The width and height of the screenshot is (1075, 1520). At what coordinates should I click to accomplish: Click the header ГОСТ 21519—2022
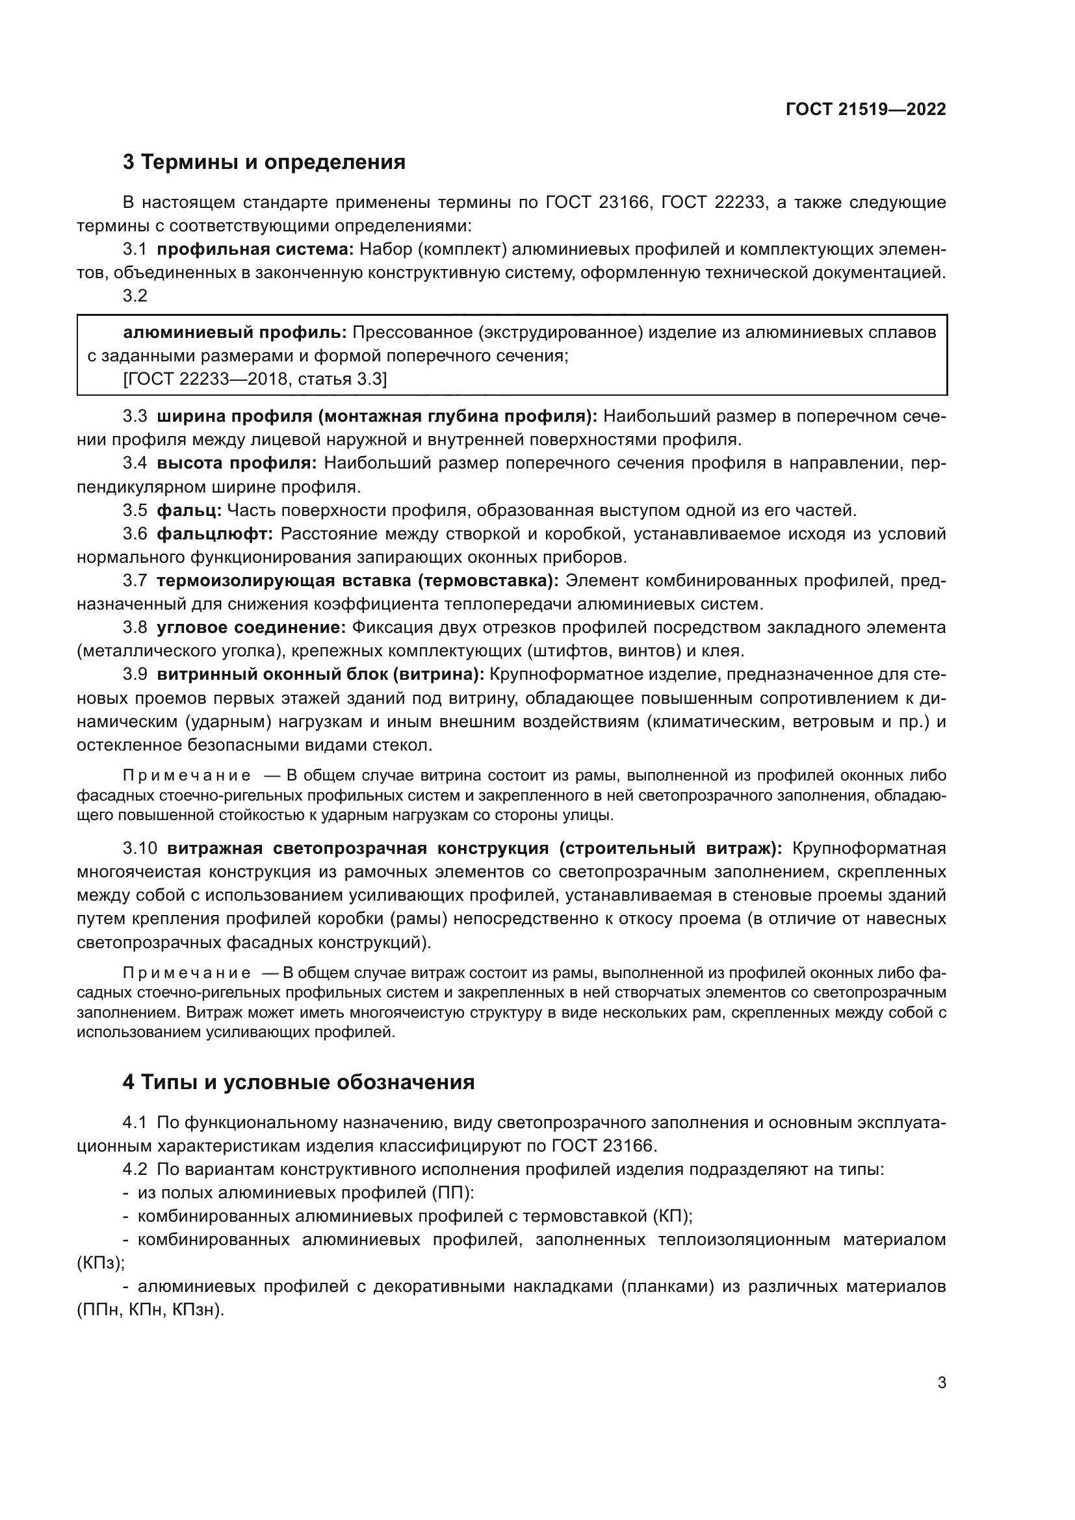[x=865, y=109]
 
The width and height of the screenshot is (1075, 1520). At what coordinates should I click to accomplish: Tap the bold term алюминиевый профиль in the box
[x=235, y=332]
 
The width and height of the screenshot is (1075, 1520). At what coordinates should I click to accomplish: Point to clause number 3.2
[x=135, y=296]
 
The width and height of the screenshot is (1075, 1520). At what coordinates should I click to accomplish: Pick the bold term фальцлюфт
[x=214, y=534]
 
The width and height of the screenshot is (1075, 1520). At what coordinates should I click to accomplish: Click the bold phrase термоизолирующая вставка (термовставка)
[x=357, y=580]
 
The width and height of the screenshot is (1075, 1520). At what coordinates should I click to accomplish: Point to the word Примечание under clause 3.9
[x=187, y=776]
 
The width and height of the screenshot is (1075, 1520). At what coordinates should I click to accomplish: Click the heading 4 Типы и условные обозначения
[x=298, y=1083]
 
